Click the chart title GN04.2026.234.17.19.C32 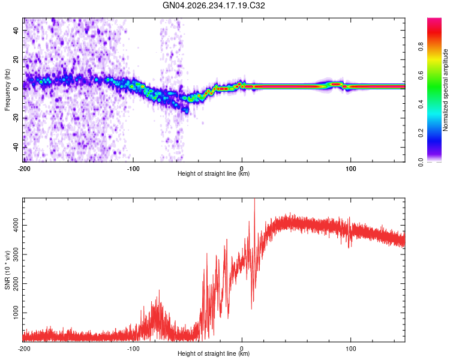click(214, 5)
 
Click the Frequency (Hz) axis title click(7, 90)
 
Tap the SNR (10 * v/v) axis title click(7, 270)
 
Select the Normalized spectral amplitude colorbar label click(445, 90)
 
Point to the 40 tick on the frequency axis click(16, 30)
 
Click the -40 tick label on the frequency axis click(16, 147)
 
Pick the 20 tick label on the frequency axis click(16, 59)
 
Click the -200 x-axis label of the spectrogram click(24, 169)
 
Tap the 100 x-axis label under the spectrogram click(351, 169)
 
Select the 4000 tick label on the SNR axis click(16, 226)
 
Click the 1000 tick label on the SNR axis click(16, 313)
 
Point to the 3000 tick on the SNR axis click(16, 254)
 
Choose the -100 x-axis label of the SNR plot click(133, 349)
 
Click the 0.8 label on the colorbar click(421, 46)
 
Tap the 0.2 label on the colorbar click(421, 133)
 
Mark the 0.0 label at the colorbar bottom click(421, 162)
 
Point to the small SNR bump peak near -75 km click(159, 290)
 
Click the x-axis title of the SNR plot click(214, 353)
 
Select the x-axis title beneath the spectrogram click(214, 173)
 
